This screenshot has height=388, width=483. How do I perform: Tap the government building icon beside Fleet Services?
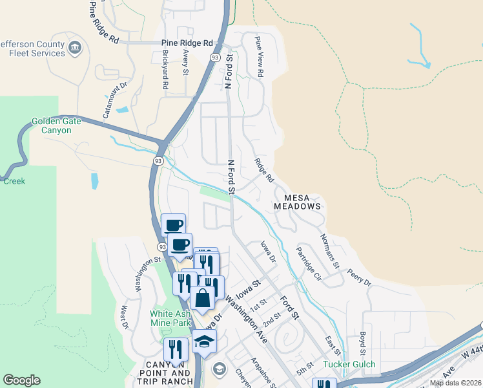[x=76, y=47]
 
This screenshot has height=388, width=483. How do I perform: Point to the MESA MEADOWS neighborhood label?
[x=297, y=200]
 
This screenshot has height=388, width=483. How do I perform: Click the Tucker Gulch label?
[x=349, y=365]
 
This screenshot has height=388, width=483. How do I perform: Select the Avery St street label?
[x=185, y=63]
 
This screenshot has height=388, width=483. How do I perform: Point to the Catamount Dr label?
[x=114, y=100]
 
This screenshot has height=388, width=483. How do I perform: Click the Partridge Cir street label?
[x=309, y=263]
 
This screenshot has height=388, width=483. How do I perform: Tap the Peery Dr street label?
[x=359, y=278]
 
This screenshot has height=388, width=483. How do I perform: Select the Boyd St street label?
[x=363, y=341]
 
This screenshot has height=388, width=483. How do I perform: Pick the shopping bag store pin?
[x=202, y=298]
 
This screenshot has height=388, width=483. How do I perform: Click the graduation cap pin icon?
[x=205, y=342]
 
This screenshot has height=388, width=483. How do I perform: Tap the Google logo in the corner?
[x=21, y=380]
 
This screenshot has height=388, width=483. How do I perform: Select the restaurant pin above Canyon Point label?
[x=176, y=350]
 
